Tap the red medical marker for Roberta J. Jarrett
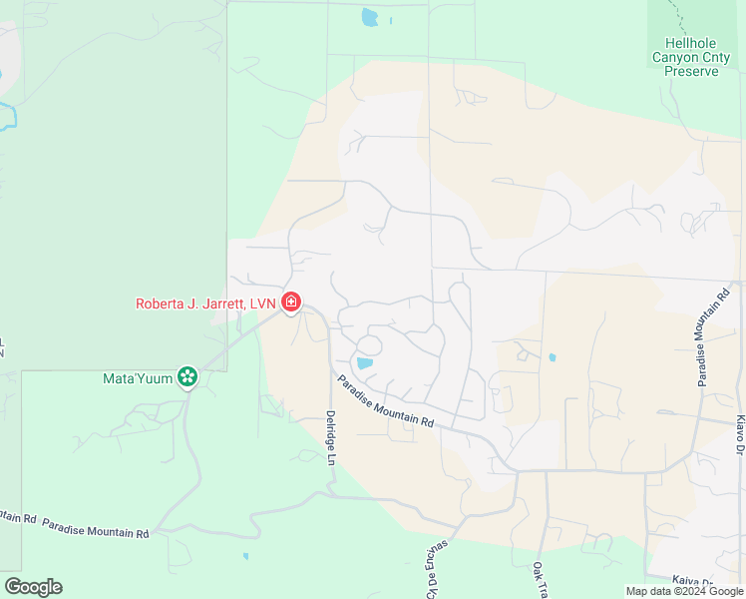pyautogui.click(x=291, y=300)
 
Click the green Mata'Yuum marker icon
pyautogui.click(x=186, y=376)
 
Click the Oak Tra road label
pyautogui.click(x=539, y=579)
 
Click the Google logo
pyautogui.click(x=33, y=587)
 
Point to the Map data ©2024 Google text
pyautogui.click(x=684, y=591)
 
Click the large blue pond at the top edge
pyautogui.click(x=370, y=17)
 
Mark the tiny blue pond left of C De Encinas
pyautogui.click(x=245, y=556)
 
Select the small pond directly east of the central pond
pyautogui.click(x=552, y=356)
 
